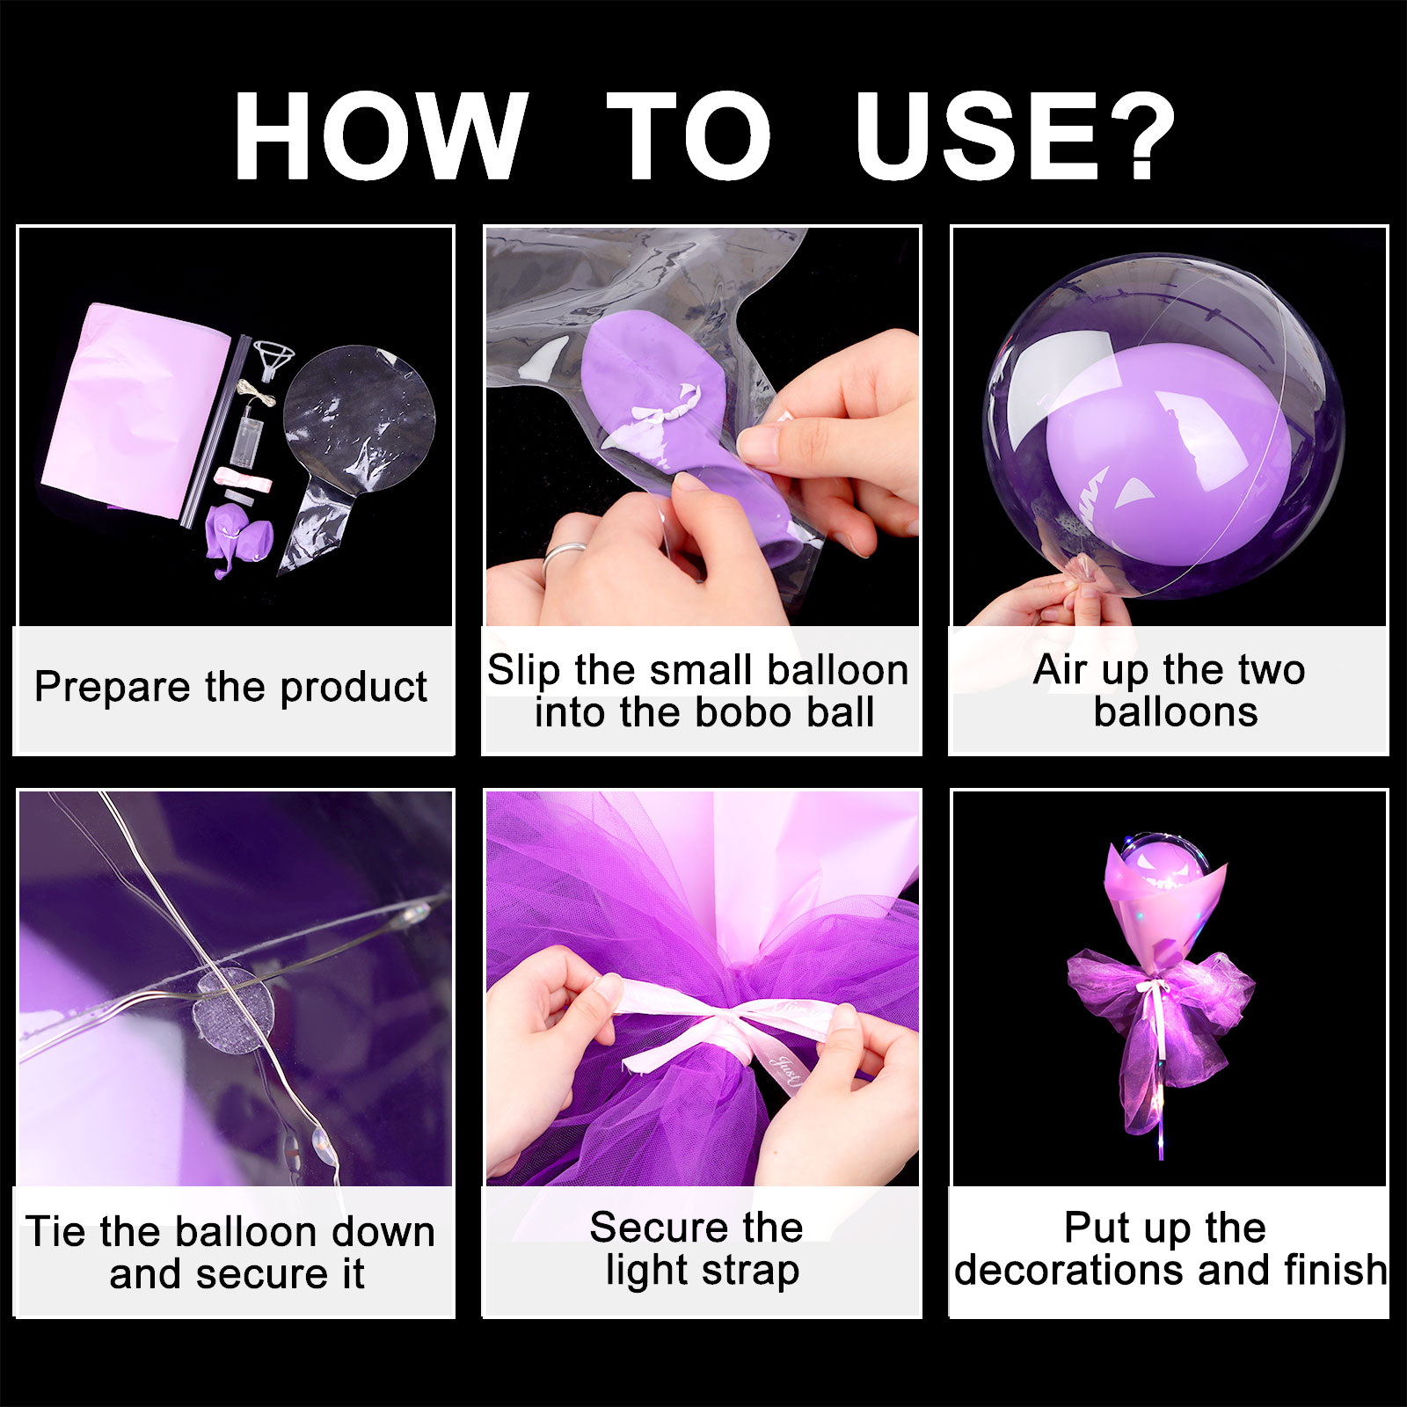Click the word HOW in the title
(381, 136)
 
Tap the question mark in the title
(1140, 136)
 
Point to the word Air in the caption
(1061, 669)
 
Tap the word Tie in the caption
(58, 1231)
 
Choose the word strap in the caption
(748, 1272)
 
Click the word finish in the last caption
(1336, 1270)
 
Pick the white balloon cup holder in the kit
(274, 361)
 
